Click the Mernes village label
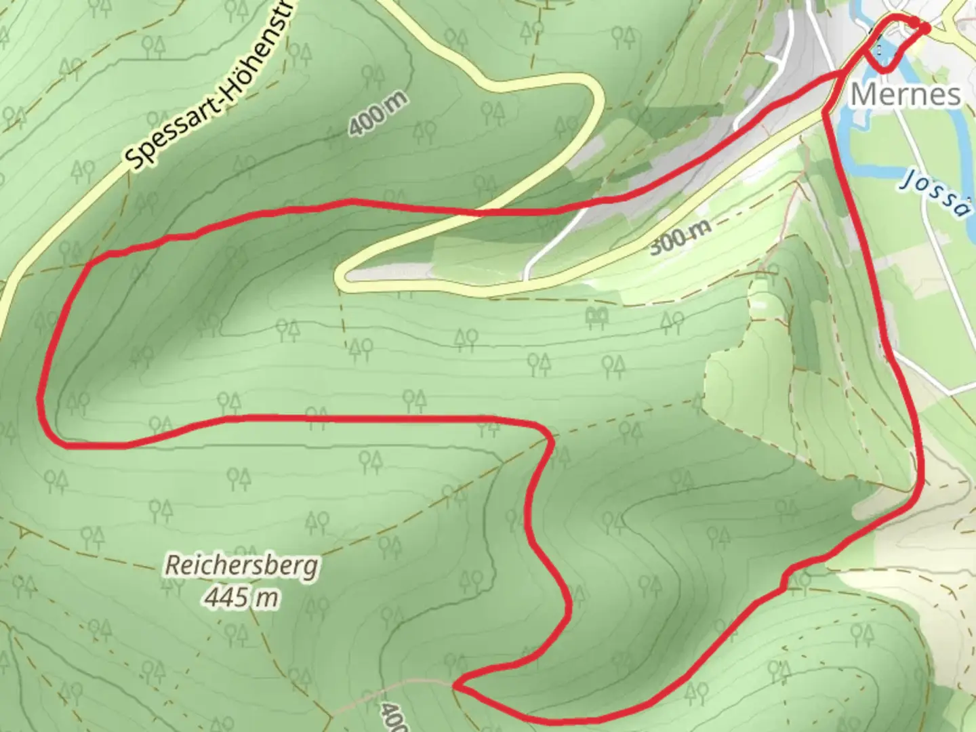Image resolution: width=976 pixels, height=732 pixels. pos(905,94)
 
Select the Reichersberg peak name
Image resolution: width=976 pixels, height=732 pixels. pos(242,565)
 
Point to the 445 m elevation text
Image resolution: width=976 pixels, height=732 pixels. pos(242,598)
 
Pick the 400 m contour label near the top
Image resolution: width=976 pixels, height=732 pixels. pos(379,113)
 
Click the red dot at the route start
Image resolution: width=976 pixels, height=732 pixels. pos(923,26)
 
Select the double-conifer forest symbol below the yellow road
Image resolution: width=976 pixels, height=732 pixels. pos(597,316)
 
